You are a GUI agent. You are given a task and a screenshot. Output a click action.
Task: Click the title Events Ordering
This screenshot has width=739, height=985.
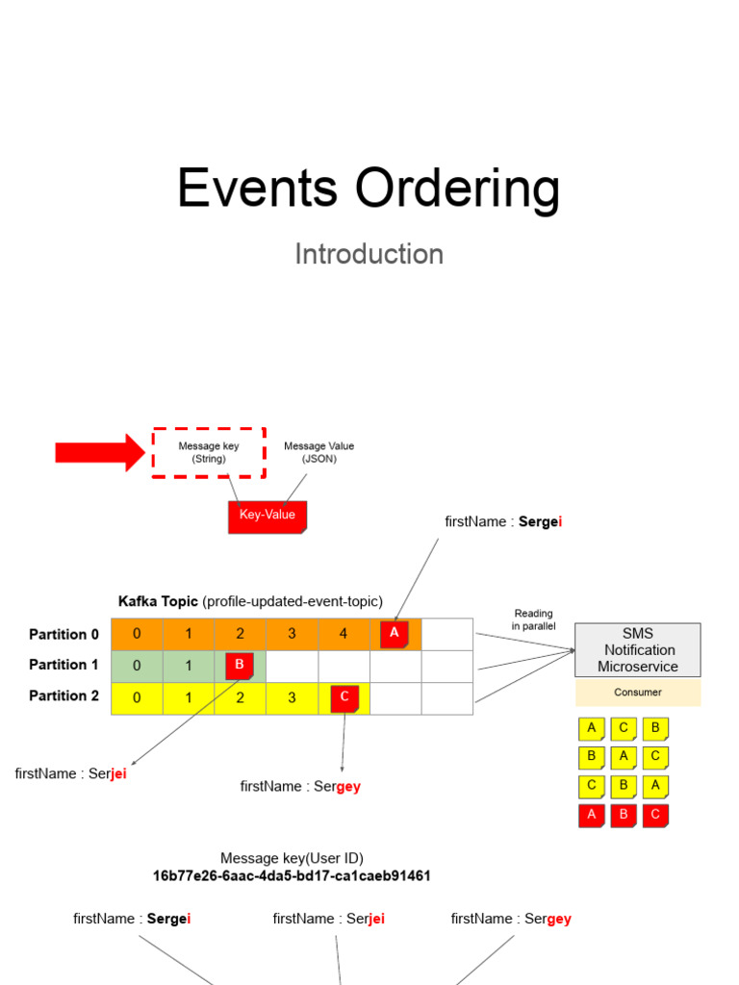(369, 188)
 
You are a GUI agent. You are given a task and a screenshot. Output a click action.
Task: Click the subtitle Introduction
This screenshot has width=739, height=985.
(369, 254)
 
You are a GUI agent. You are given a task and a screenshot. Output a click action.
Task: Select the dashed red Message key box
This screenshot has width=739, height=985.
(209, 452)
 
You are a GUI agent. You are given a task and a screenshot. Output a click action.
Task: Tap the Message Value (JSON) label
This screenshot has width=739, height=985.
(319, 452)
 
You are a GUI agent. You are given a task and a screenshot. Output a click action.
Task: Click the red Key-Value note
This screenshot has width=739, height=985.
(268, 516)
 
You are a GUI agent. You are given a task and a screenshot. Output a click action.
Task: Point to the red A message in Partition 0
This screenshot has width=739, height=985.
(395, 633)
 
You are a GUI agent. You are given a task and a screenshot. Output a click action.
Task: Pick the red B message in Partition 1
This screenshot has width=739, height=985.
(240, 666)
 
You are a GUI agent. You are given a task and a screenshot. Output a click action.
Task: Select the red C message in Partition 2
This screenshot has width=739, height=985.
(344, 698)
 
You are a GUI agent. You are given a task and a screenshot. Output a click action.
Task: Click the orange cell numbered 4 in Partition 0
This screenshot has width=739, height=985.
(344, 634)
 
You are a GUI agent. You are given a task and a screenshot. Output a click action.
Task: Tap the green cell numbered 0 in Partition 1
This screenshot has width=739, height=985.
(137, 666)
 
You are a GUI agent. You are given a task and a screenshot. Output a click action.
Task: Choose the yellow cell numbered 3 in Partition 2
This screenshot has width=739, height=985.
(292, 698)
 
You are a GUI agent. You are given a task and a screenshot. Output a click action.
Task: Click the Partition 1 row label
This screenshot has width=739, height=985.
(64, 665)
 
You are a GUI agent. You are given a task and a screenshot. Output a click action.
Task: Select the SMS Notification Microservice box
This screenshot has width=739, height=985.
(637, 650)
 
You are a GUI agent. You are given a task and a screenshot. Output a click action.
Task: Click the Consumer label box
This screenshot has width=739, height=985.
(637, 693)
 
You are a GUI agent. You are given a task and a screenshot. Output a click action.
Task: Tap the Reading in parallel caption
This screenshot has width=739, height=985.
(533, 619)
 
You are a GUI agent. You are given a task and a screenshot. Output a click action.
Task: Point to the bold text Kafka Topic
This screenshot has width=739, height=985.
(158, 601)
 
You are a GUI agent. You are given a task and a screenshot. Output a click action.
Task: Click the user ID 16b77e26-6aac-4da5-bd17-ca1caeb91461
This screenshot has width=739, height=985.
(292, 876)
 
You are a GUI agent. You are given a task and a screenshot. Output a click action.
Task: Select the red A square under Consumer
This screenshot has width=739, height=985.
(592, 816)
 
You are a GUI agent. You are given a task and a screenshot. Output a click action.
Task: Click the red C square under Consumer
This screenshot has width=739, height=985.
(655, 816)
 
